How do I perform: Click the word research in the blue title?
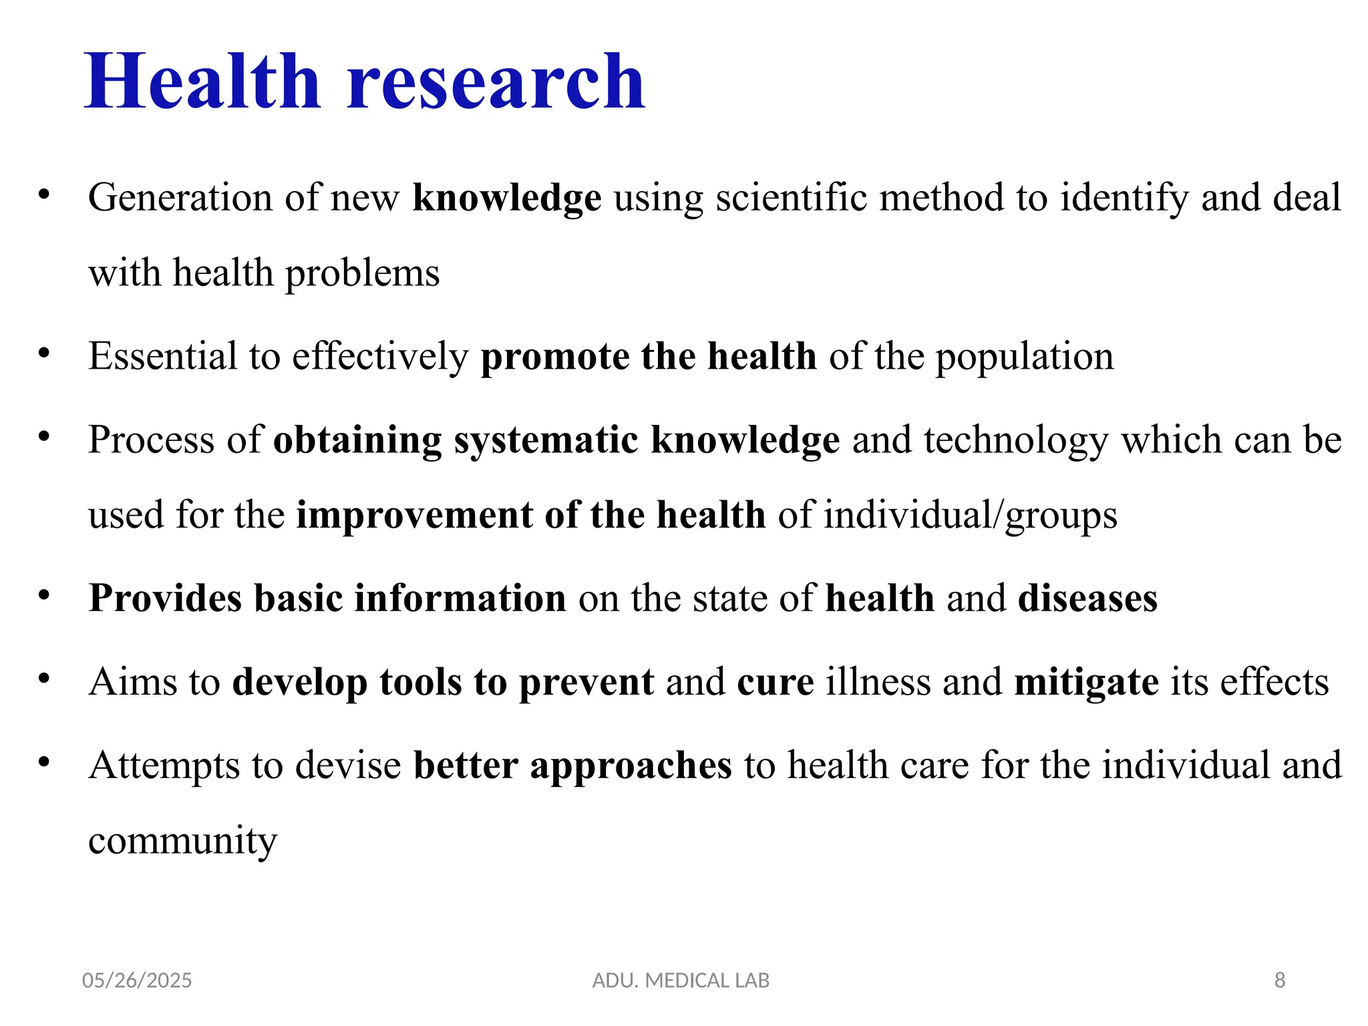pos(496,83)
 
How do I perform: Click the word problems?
pos(363,274)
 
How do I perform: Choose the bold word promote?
pos(555,357)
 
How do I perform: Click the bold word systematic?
pos(546,440)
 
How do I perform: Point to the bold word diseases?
pos(1087,598)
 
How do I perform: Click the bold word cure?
pos(776,682)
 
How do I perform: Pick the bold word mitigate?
pos(1086,683)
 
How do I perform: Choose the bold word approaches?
pos(631,766)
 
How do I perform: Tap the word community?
pos(182,841)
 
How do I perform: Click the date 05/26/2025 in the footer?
pos(137,980)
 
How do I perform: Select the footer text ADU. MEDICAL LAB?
pos(681,980)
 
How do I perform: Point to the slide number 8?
pos(1279,980)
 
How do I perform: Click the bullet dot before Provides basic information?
pos(44,594)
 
